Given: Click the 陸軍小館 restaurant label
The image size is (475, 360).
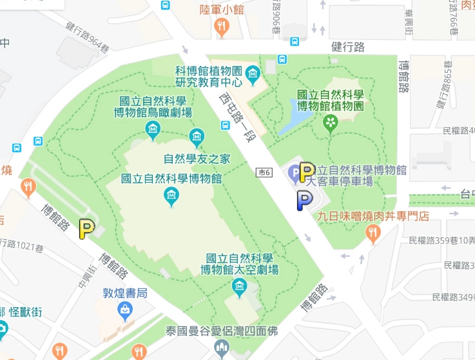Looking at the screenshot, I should pyautogui.click(x=221, y=9).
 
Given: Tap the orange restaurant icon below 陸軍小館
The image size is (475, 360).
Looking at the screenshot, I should pyautogui.click(x=221, y=26).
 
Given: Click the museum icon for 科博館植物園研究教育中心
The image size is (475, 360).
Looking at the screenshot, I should pyautogui.click(x=253, y=75).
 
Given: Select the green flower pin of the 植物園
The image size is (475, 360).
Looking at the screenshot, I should pyautogui.click(x=331, y=122).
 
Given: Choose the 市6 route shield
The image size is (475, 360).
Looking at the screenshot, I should pyautogui.click(x=263, y=172).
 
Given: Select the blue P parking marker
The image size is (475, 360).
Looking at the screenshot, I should pyautogui.click(x=303, y=201).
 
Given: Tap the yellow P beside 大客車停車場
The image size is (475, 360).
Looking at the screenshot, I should pyautogui.click(x=307, y=171).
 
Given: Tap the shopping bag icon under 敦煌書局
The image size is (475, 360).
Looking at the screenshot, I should pyautogui.click(x=126, y=312).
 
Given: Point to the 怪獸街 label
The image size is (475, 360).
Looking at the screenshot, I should pyautogui.click(x=27, y=312).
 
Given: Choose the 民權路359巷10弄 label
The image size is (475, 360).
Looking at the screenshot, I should pyautogui.click(x=442, y=240).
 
